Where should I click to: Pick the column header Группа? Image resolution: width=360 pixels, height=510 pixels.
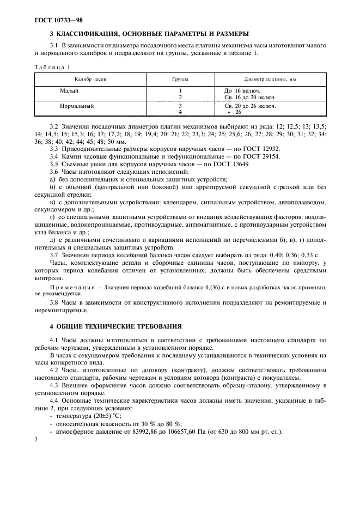pyautogui.click(x=180, y=79)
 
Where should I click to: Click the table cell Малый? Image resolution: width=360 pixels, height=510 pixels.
pyautogui.click(x=69, y=90)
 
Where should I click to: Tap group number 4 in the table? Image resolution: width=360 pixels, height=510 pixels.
pyautogui.click(x=180, y=112)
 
